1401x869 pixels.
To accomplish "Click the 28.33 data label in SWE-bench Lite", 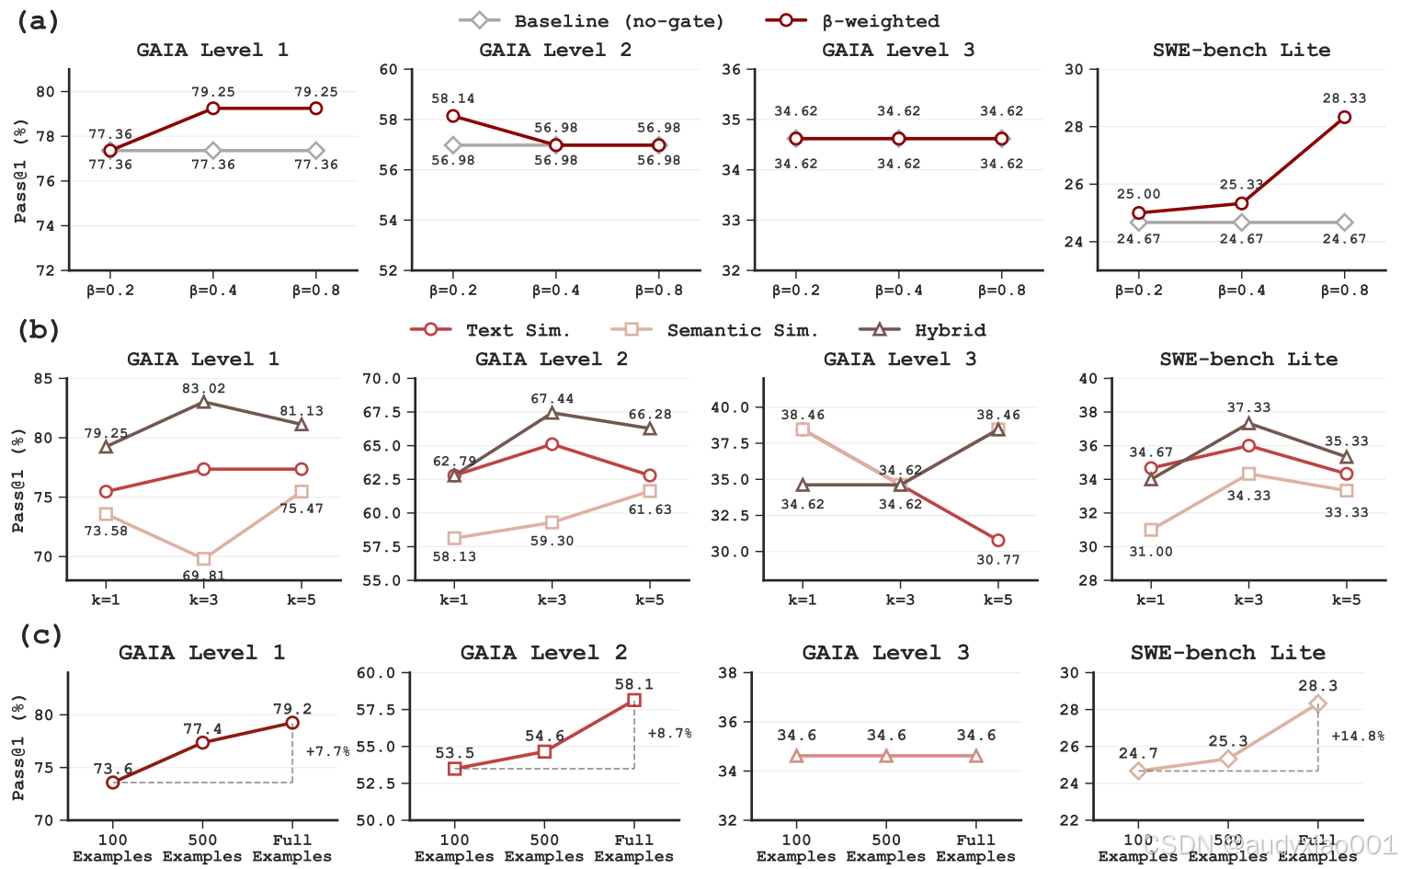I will [1344, 97].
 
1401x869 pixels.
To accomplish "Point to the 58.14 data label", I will [453, 98].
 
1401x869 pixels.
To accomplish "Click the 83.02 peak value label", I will [203, 388].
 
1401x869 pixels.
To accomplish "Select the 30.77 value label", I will [998, 559].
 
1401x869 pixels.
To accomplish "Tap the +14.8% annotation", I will [1358, 736].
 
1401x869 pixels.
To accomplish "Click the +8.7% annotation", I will [669, 733].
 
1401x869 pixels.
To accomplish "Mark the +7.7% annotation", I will [327, 751].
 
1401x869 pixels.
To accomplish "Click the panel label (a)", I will [38, 21].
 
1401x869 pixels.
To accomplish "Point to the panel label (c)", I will [40, 635].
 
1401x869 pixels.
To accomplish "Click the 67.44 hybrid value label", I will [552, 398].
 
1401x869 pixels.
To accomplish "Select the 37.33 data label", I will [1248, 406].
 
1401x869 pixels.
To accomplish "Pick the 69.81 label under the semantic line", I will [203, 576].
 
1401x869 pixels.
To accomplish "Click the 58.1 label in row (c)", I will [633, 684].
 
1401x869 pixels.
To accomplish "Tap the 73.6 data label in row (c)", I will [113, 769].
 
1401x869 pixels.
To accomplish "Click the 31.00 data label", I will [1151, 551].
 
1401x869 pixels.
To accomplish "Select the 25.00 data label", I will [1138, 194].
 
